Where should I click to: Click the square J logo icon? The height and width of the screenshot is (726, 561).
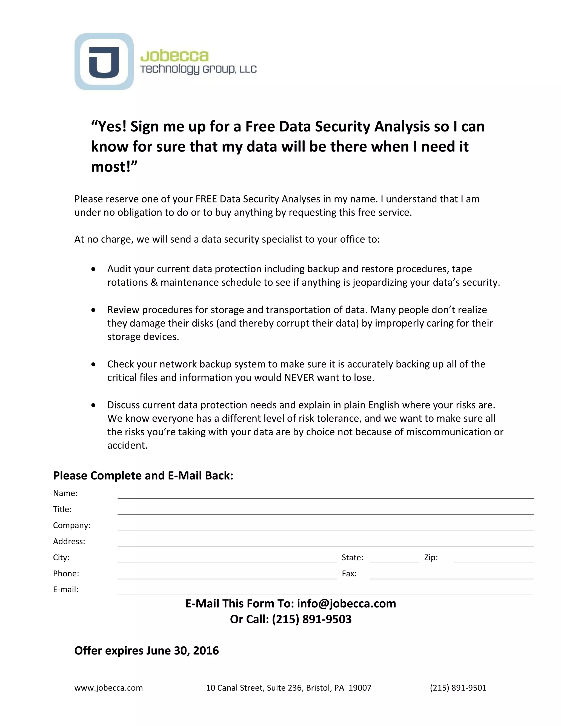coord(104,61)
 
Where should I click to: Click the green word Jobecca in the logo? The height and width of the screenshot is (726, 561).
coord(174,56)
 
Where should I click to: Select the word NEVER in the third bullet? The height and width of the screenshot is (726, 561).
coord(299,378)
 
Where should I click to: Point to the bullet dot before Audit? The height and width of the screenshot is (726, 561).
coord(94,269)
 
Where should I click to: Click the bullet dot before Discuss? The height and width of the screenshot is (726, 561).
coord(94,405)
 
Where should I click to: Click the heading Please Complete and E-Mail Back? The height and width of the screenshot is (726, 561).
coord(143,475)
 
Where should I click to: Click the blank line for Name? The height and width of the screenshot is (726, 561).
coord(325,495)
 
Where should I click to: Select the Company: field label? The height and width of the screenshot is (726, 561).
coord(72,525)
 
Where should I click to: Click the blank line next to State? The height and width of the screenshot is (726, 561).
coord(394,559)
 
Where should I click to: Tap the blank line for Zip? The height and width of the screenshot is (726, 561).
coord(493,559)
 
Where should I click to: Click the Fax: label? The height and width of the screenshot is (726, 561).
coord(349,573)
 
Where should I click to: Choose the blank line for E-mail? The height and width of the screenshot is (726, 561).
coord(325,591)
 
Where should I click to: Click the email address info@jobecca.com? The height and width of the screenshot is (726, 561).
coord(346,603)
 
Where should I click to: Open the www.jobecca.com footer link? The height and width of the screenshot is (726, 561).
coord(108,688)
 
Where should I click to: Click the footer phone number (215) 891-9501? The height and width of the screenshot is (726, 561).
coord(458,688)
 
